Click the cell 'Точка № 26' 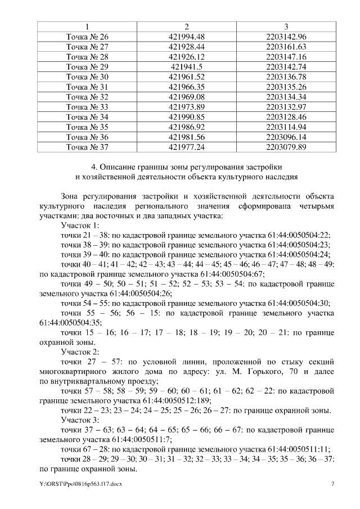(87, 37)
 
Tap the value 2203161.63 (286, 47)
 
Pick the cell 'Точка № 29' (87, 66)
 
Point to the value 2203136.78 (286, 76)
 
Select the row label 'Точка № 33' (87, 107)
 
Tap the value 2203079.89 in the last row (286, 147)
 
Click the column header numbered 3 (286, 26)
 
